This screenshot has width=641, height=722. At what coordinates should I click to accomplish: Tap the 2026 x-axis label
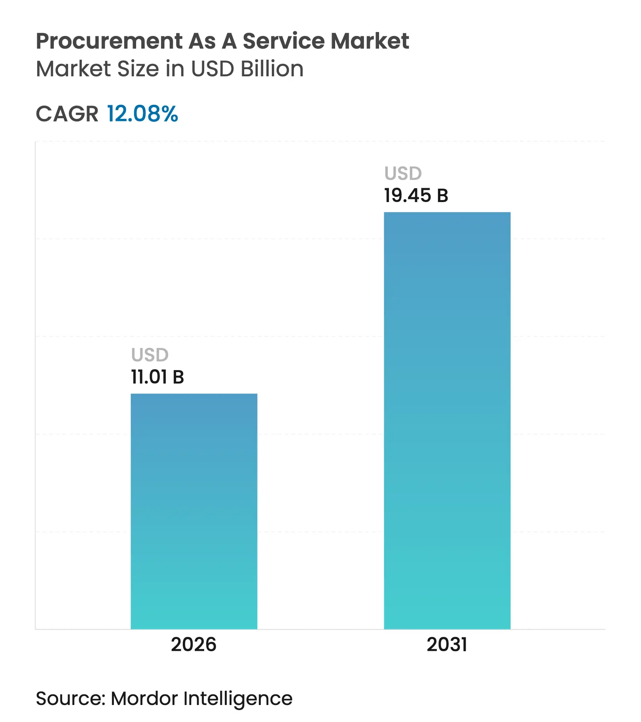[x=193, y=645]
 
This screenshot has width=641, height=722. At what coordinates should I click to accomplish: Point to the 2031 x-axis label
[x=447, y=645]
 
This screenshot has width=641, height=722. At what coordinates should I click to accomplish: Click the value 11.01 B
[x=157, y=377]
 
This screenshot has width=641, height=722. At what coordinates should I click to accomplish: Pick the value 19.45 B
[x=416, y=195]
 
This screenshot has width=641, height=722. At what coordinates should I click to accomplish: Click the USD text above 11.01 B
[x=150, y=355]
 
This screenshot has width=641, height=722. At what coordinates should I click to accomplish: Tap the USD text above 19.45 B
[x=403, y=173]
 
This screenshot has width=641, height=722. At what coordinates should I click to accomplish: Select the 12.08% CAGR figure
[x=142, y=114]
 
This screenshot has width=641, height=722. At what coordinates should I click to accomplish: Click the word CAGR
[x=67, y=114]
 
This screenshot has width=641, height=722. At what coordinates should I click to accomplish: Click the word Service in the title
[x=284, y=41]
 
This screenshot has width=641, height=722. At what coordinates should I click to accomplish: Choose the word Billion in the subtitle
[x=272, y=69]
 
